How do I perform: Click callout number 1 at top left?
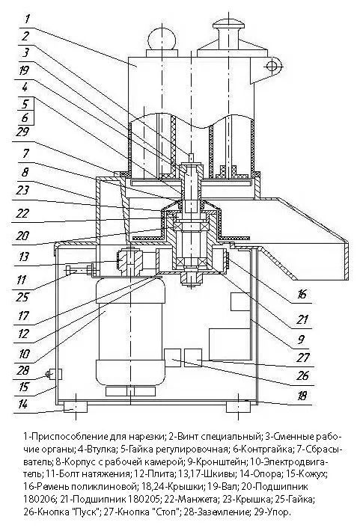tap(27, 18)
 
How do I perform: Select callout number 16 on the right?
tap(302, 294)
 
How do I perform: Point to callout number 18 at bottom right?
tap(302, 396)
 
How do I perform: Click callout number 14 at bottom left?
tap(22, 405)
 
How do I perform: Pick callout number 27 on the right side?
tap(302, 357)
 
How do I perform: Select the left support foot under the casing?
tap(76, 407)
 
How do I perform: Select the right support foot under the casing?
tap(238, 407)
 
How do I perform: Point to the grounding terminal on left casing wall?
tap(53, 374)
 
